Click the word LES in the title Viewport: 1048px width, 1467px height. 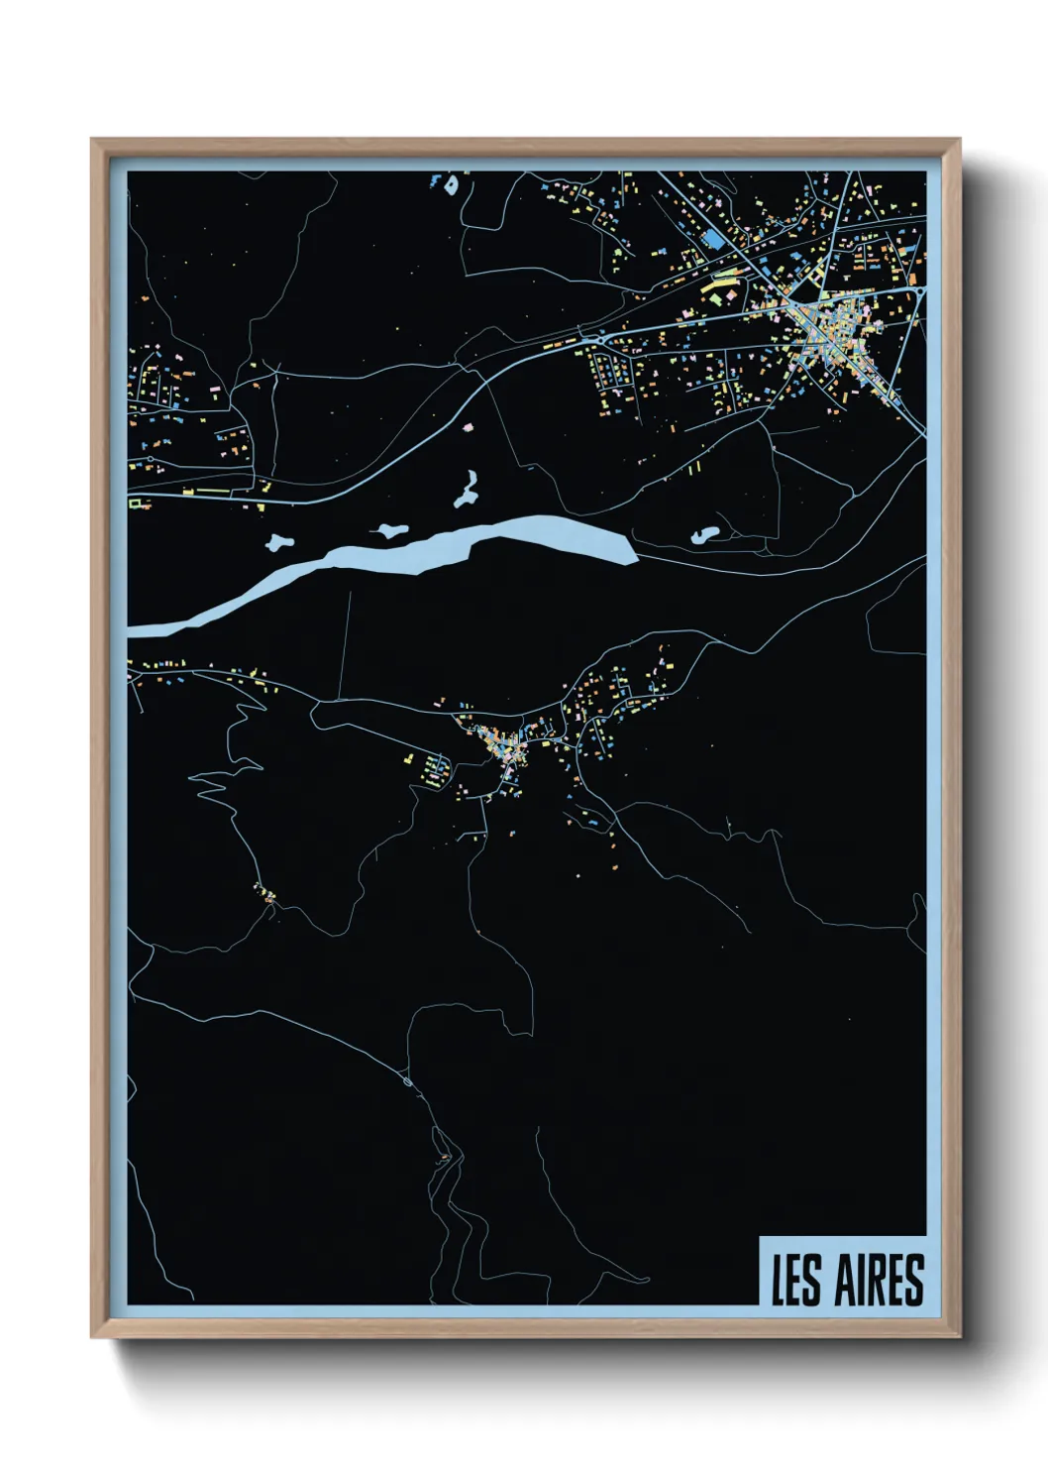point(796,1280)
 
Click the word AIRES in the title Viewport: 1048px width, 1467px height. point(879,1280)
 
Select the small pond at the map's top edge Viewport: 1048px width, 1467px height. point(451,184)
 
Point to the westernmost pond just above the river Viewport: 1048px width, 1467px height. point(279,542)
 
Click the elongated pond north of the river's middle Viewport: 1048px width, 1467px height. point(467,490)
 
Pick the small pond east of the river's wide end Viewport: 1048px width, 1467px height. point(704,536)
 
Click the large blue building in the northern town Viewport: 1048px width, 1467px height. point(712,240)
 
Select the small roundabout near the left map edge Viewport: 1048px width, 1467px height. point(265,485)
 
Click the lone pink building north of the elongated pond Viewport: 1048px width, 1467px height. point(468,426)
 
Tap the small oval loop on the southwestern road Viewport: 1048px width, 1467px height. point(407,1082)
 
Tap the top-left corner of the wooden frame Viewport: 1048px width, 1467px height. point(92,140)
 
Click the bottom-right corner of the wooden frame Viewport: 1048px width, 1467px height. point(959,1336)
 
